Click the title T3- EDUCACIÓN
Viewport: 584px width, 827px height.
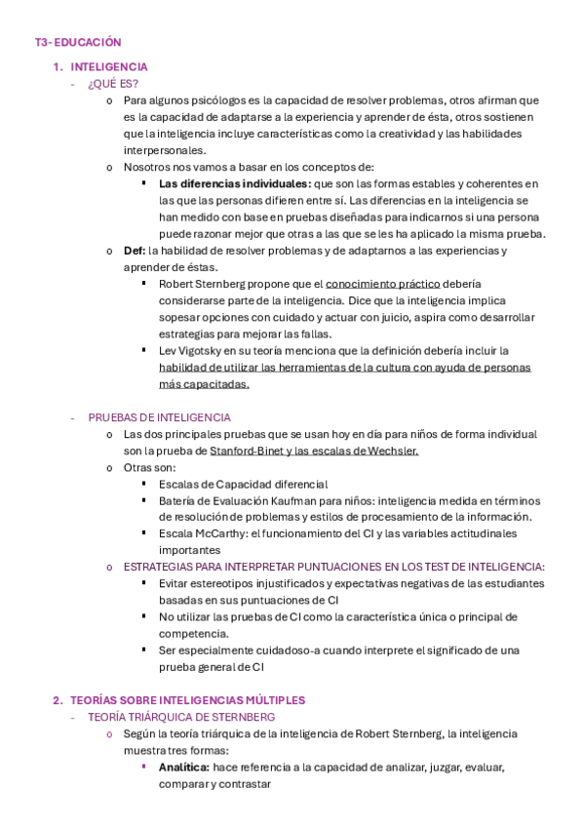tap(77, 42)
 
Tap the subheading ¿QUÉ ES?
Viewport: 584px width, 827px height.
tap(113, 83)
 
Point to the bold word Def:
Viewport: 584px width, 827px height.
tap(135, 251)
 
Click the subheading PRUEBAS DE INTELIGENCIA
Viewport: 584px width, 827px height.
tap(159, 416)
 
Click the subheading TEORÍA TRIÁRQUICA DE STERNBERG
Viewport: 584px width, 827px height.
tap(181, 717)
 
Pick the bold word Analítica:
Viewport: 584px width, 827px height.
tap(184, 768)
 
